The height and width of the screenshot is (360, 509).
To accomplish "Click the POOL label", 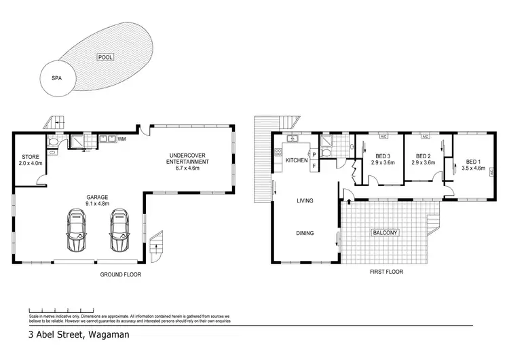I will click(x=104, y=58).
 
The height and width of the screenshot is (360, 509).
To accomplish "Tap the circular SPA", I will click(x=57, y=78).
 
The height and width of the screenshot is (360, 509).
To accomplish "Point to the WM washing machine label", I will click(x=122, y=139).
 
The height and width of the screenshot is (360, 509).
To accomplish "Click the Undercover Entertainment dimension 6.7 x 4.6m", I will click(x=189, y=168).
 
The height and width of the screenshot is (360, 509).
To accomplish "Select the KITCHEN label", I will click(x=297, y=160).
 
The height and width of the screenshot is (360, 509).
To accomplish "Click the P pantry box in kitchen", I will click(x=314, y=155).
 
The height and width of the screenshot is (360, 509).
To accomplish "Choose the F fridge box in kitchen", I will click(x=314, y=166).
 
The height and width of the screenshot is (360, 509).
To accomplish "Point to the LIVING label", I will click(x=305, y=201).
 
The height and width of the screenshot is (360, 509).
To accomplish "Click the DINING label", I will click(x=305, y=233).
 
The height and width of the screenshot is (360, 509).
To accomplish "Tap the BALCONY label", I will click(x=385, y=233).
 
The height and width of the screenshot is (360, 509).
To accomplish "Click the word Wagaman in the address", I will click(x=107, y=335).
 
